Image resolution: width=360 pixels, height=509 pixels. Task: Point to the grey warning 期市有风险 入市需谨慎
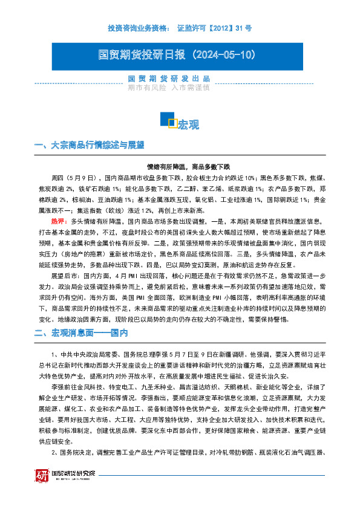coord(169,87)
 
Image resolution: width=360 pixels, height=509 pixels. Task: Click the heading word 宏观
coord(189,125)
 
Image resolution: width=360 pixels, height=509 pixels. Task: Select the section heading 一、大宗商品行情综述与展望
coord(90,145)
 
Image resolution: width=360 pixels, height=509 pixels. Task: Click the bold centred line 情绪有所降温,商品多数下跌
coord(180,166)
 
